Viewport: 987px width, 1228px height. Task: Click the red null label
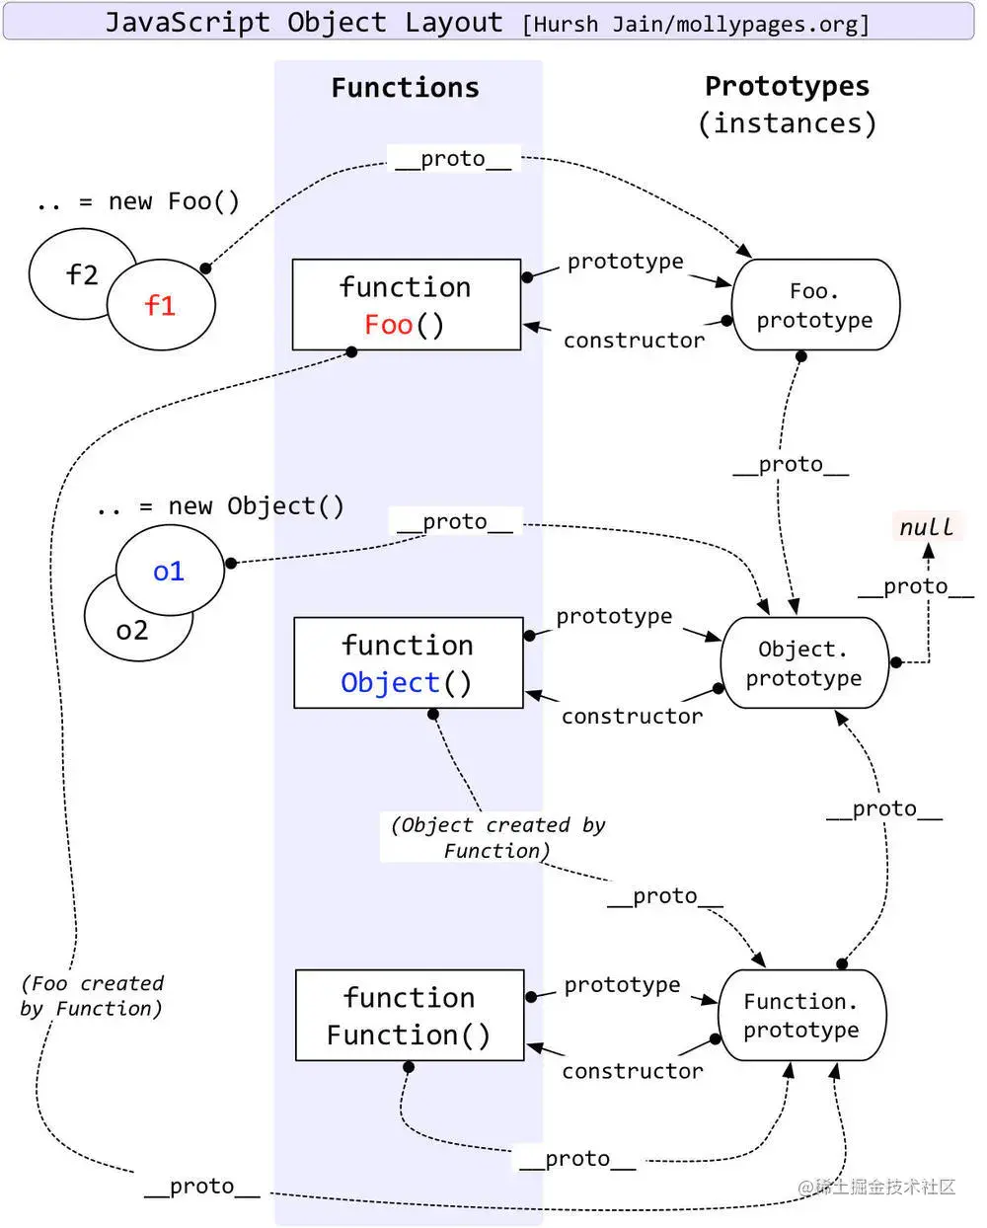pyautogui.click(x=927, y=526)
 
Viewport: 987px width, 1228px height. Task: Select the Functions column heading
pyautogui.click(x=406, y=88)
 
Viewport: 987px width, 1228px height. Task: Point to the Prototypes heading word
pyautogui.click(x=788, y=87)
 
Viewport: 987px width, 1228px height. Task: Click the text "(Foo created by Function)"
pyautogui.click(x=92, y=996)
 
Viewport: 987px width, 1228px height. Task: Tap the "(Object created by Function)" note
pyautogui.click(x=497, y=837)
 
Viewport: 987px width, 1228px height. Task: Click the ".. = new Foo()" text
pyautogui.click(x=138, y=202)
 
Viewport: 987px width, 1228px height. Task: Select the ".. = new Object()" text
pyautogui.click(x=221, y=506)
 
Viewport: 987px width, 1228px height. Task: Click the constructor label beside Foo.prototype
pyautogui.click(x=635, y=341)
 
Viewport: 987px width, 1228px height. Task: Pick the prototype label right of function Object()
pyautogui.click(x=615, y=617)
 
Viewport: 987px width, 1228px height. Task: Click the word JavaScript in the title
pyautogui.click(x=188, y=23)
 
